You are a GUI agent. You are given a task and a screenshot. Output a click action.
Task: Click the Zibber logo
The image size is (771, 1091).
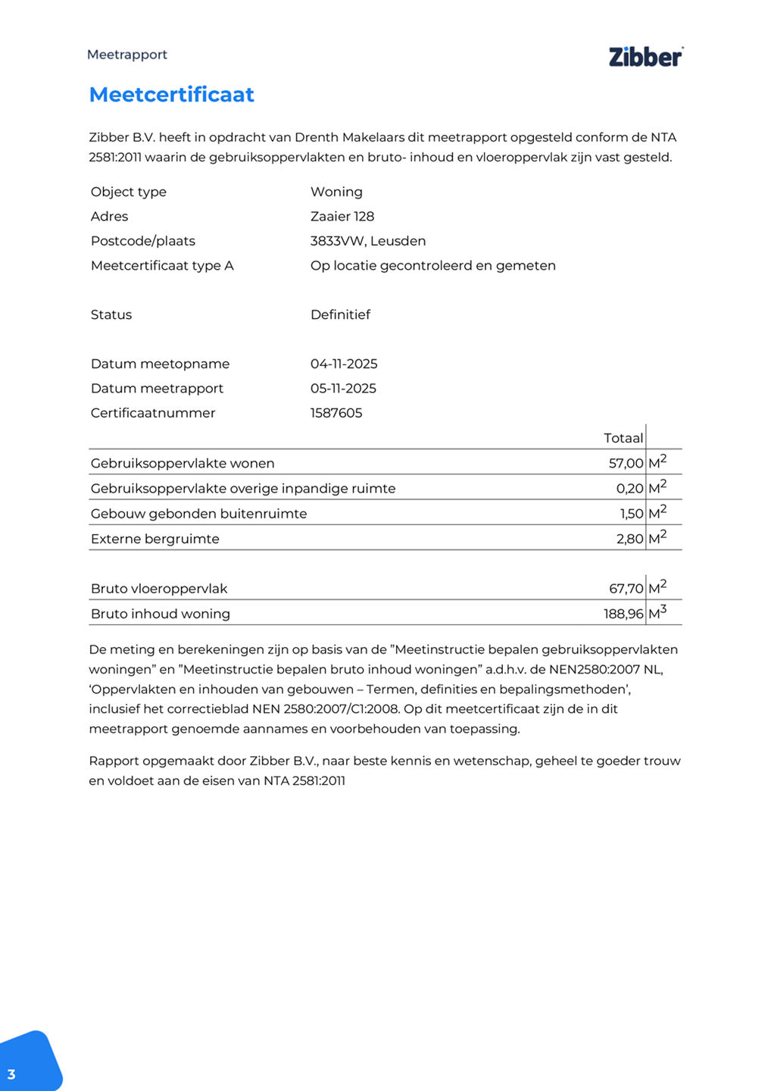click(645, 57)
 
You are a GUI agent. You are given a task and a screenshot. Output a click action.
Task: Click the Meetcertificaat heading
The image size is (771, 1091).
click(172, 95)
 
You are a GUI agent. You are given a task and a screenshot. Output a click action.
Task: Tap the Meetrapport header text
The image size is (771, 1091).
click(127, 55)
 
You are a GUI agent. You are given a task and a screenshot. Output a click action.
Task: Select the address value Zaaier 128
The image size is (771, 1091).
click(342, 217)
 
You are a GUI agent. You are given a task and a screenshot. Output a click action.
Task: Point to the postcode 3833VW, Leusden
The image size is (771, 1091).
click(368, 241)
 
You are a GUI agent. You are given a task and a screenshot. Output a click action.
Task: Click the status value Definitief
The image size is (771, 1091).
click(340, 314)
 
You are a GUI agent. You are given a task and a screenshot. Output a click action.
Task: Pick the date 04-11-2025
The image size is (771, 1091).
click(344, 364)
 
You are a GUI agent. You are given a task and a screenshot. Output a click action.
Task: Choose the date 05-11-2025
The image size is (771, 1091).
click(343, 389)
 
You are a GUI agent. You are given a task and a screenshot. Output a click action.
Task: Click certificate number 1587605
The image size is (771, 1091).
click(336, 413)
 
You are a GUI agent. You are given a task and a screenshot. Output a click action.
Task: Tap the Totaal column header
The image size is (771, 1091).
click(623, 438)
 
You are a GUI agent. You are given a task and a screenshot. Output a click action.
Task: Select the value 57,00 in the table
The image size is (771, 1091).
click(626, 464)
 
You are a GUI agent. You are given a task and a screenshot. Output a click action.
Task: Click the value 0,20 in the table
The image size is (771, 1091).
click(629, 489)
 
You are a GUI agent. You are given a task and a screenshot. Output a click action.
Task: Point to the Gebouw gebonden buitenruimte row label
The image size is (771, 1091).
click(198, 514)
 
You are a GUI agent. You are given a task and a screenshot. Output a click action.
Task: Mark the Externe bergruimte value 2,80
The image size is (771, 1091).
click(629, 539)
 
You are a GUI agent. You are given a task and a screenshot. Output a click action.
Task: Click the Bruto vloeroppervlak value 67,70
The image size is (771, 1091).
click(626, 589)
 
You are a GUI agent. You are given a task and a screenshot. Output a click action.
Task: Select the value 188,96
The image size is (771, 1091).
click(623, 614)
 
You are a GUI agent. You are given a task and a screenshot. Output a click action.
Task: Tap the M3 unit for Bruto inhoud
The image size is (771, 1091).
click(657, 612)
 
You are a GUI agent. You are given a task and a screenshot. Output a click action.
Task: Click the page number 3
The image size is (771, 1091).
click(11, 1074)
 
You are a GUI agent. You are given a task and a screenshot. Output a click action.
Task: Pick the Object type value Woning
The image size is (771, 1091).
click(336, 192)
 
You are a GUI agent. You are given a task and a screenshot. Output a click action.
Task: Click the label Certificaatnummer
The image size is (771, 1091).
click(153, 413)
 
